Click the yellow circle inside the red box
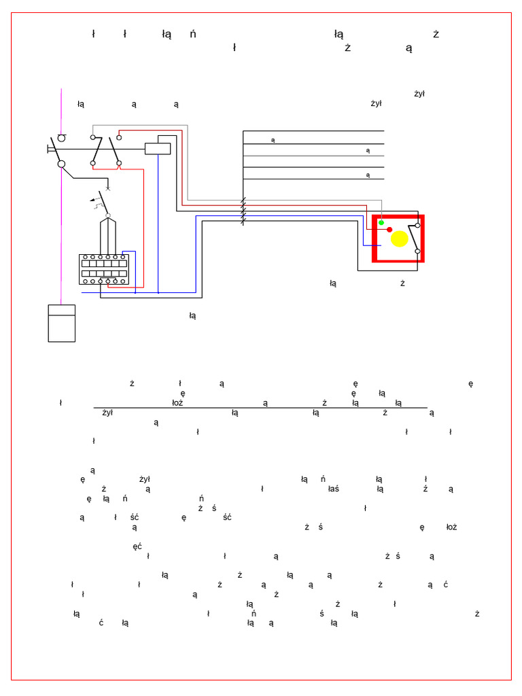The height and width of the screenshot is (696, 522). pos(400,239)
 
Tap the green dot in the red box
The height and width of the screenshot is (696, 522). pos(381,222)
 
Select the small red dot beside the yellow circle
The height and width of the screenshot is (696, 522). pos(389,230)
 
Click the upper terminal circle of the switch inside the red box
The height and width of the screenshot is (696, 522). pos(417,225)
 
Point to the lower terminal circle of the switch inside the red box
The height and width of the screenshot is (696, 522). pos(417,251)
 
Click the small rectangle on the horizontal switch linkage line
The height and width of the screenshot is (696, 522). pos(158,148)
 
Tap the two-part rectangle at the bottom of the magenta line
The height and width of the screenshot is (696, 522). pos(62,324)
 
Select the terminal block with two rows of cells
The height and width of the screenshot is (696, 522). pos(103,269)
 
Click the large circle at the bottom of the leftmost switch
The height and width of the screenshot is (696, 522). pos(61,164)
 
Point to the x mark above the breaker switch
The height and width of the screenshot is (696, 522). pos(108,188)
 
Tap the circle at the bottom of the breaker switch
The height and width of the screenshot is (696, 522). pos(108,215)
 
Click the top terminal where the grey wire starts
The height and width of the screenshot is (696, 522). pos(93,137)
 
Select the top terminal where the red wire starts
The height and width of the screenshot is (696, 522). pos(119,137)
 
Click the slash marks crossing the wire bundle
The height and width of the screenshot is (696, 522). pos(243,211)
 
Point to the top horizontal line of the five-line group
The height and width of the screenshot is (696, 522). pos(313,131)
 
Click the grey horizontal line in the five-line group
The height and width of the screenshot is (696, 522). pos(313,156)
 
